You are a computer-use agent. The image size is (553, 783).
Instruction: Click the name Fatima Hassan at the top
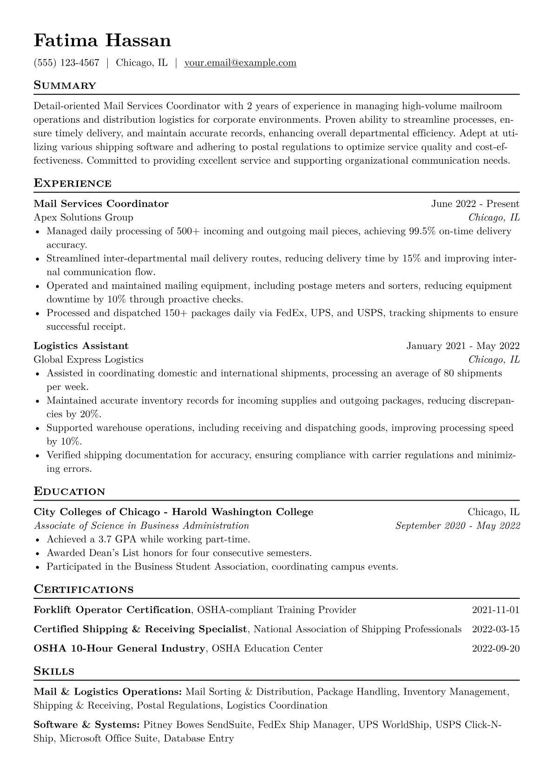coord(102,41)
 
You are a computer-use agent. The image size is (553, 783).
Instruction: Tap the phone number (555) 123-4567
coord(66,63)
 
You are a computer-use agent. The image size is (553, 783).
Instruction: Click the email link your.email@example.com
coord(240,63)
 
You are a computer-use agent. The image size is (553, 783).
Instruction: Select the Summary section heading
coord(65,86)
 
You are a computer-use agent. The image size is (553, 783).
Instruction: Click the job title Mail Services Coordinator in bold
coord(101,204)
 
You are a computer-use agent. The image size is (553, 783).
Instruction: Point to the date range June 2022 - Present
coord(475,204)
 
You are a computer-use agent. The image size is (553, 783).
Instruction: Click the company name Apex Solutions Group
coord(83,217)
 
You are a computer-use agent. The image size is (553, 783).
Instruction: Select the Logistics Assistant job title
coord(81,346)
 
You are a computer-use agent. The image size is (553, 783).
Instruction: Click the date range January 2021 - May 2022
coord(463,346)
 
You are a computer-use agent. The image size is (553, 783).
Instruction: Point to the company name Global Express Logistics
coord(88,360)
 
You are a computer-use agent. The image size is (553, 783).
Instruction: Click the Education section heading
coord(69,492)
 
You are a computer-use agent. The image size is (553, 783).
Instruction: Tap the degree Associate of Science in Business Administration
coord(141,526)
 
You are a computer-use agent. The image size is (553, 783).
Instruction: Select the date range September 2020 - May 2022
coord(457,526)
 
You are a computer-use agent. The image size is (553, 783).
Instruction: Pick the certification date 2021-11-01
coord(495,610)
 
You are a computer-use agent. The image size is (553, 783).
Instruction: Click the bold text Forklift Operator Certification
coord(112,610)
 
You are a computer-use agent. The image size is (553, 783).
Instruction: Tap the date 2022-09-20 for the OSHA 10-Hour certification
coord(495,649)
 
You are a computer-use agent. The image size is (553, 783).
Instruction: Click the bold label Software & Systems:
coord(86,725)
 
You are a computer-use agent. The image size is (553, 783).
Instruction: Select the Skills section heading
coord(54,671)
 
